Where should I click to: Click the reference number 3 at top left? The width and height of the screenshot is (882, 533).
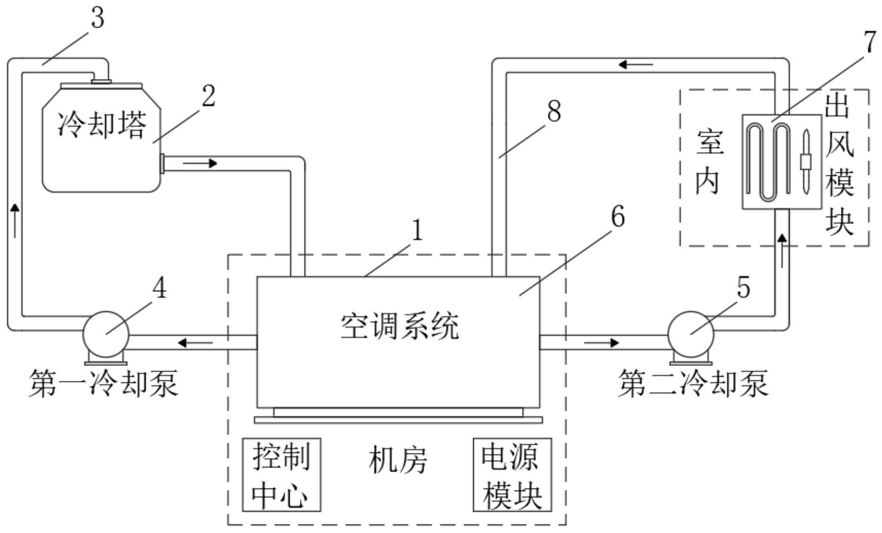click(98, 18)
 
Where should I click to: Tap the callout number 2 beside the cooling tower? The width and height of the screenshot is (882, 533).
click(208, 96)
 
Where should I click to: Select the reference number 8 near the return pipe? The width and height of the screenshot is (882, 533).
click(554, 111)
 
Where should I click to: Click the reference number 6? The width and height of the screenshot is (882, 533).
click(617, 216)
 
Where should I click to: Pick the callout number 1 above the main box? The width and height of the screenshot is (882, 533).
click(418, 230)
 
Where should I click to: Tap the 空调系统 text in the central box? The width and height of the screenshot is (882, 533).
click(399, 326)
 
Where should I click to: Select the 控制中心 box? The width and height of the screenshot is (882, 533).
click(281, 475)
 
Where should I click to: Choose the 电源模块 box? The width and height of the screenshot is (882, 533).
click(512, 475)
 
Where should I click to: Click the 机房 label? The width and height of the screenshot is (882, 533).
click(398, 460)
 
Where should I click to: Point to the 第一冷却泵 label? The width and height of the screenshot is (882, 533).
click(103, 383)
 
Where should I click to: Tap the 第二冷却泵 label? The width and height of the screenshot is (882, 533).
click(693, 383)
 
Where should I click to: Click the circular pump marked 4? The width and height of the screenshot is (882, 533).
click(106, 335)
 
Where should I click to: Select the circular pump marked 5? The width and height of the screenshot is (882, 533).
click(690, 335)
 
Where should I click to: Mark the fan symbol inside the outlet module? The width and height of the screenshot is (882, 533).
click(805, 162)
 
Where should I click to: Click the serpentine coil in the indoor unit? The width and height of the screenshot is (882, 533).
click(767, 162)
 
